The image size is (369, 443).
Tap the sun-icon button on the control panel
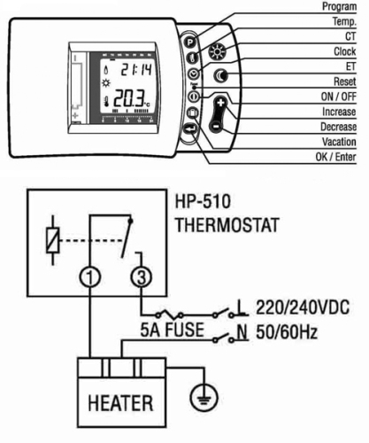tap(218, 52)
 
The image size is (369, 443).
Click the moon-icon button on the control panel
tap(221, 76)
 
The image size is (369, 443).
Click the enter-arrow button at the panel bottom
tap(191, 129)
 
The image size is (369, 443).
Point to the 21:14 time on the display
tap(136, 70)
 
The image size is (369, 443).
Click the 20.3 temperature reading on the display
tap(129, 98)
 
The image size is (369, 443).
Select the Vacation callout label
tap(339, 142)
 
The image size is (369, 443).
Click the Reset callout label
tap(345, 82)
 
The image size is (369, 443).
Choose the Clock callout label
tap(345, 51)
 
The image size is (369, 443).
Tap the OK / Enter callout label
tap(335, 157)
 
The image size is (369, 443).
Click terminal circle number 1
tap(90, 277)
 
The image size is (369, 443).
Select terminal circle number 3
tap(142, 277)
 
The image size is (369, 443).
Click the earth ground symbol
tap(204, 397)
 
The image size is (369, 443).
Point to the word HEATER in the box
tap(120, 403)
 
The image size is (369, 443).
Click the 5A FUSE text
tap(173, 330)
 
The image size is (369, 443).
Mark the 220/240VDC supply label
tap(303, 307)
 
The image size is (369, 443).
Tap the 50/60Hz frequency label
tap(287, 332)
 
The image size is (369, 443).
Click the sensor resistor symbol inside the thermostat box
tap(53, 240)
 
